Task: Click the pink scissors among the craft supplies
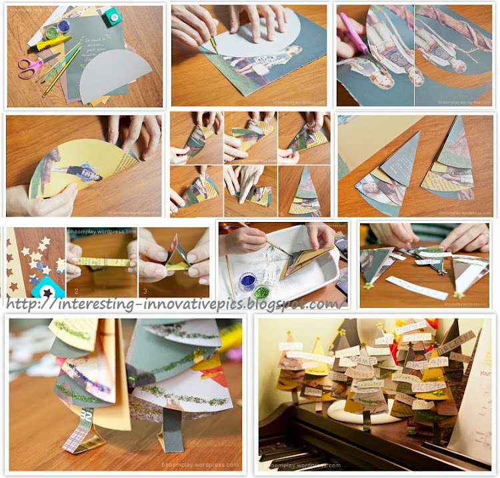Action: [29, 67]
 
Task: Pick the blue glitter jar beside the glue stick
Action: [64, 25]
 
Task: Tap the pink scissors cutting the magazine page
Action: [354, 33]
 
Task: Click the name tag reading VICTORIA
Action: [429, 386]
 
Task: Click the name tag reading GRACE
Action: [419, 365]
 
